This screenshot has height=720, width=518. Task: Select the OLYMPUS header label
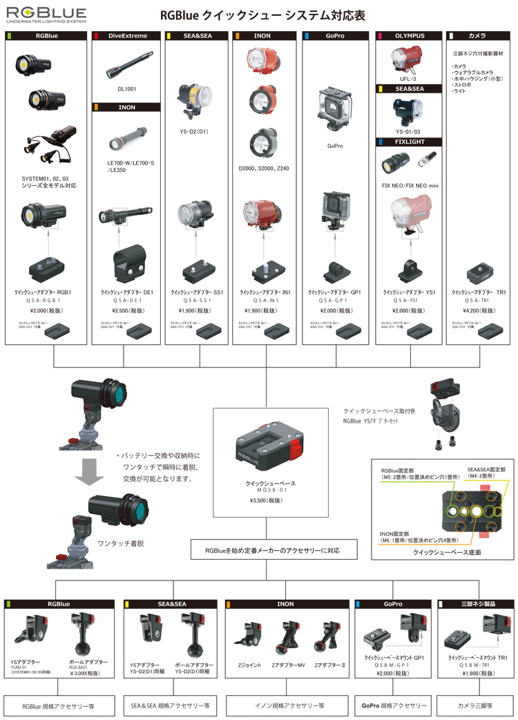tap(410, 35)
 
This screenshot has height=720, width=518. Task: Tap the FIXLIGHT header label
tap(409, 142)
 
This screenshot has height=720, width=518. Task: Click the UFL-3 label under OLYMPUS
tap(409, 78)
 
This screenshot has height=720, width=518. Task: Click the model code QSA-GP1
tap(335, 301)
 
